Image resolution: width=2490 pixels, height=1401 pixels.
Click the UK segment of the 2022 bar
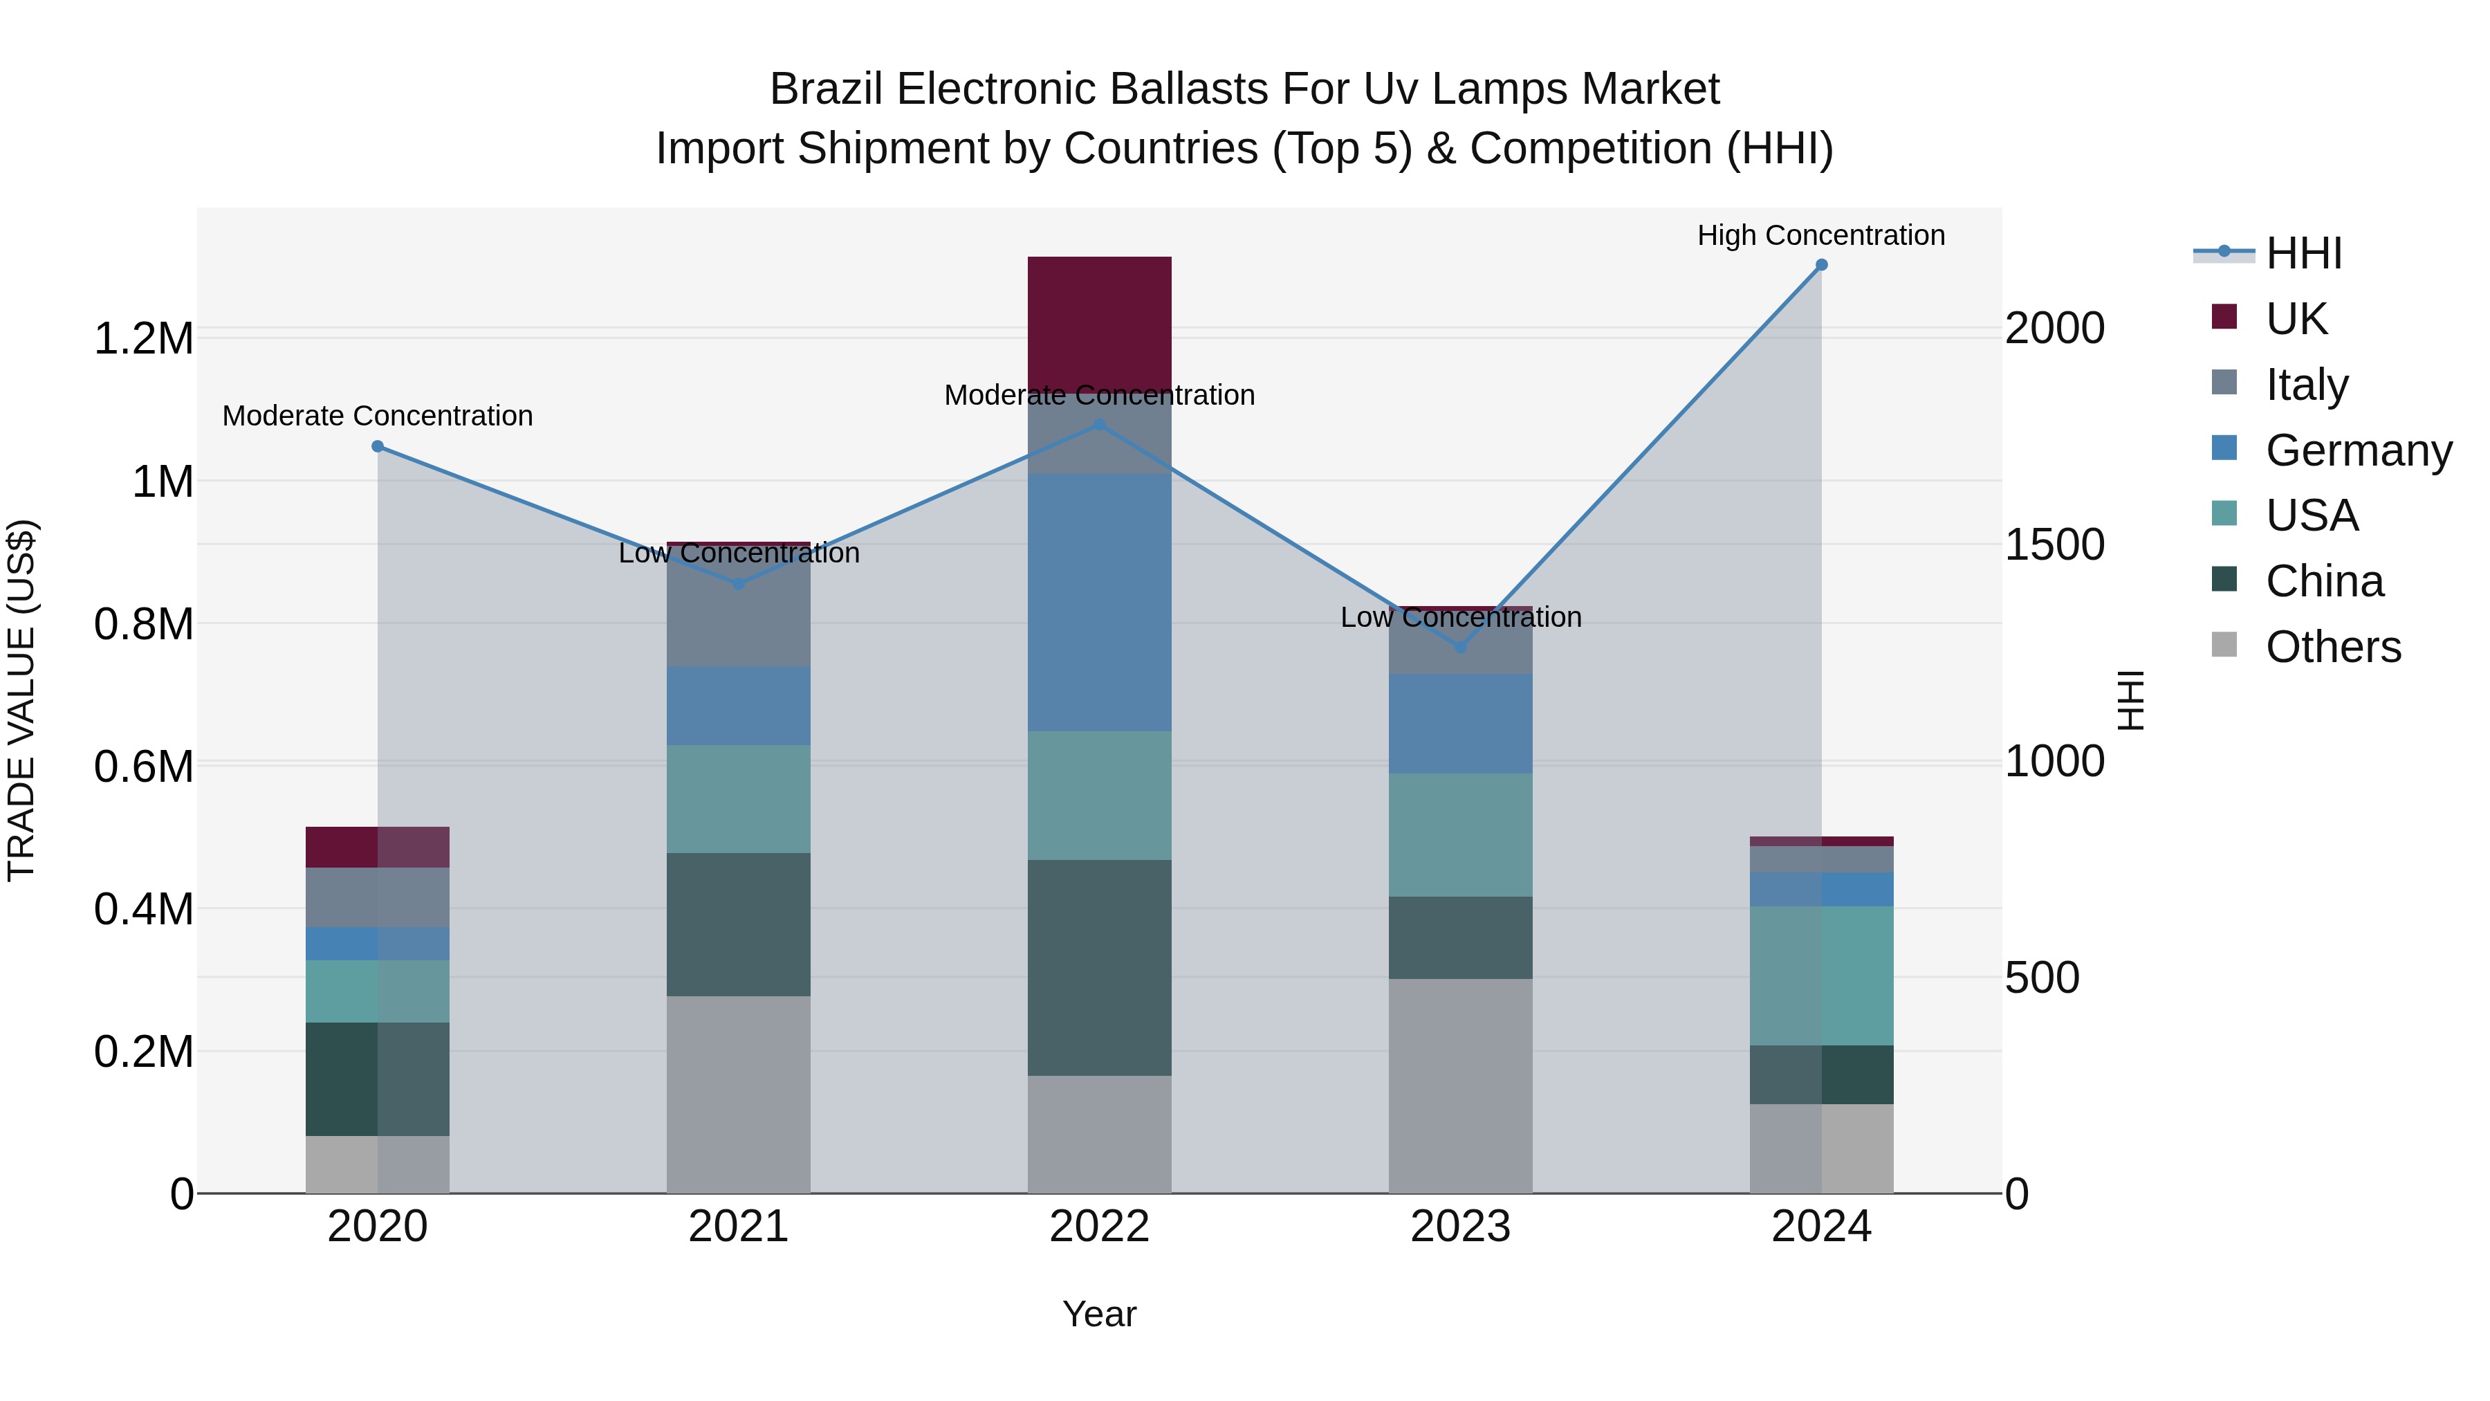click(1099, 324)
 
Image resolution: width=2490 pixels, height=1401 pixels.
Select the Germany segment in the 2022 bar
click(1099, 603)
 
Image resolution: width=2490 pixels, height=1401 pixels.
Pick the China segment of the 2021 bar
click(739, 924)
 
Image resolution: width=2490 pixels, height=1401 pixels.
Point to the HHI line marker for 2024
click(1821, 264)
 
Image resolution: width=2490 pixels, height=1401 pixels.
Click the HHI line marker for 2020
click(378, 446)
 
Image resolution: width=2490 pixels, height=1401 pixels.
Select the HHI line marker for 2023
click(1461, 646)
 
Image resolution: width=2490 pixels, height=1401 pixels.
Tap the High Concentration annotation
click(1821, 235)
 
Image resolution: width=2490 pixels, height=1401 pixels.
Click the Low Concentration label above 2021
click(739, 553)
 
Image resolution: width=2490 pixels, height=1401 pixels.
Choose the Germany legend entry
click(2359, 450)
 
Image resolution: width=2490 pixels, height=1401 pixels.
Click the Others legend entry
click(2332, 647)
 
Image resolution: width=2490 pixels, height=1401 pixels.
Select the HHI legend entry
click(2303, 253)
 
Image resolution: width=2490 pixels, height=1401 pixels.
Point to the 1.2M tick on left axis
click(143, 338)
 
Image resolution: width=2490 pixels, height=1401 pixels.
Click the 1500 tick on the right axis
click(2054, 544)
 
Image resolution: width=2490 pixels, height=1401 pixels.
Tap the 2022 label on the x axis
click(1099, 1227)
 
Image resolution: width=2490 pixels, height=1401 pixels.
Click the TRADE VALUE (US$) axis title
click(22, 700)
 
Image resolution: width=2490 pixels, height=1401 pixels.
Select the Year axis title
click(1099, 1314)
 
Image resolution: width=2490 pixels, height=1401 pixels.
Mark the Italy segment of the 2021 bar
click(739, 609)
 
